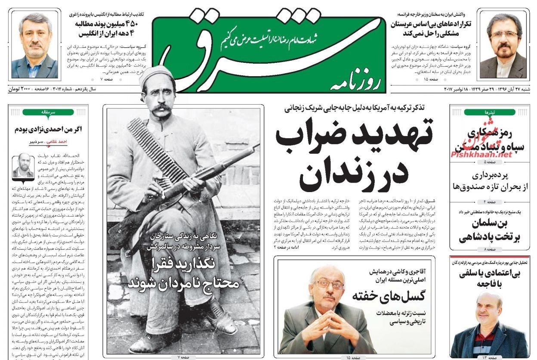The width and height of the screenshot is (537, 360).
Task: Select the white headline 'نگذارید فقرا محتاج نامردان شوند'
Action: click(185, 276)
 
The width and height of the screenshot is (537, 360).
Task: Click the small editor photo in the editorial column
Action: click(23, 166)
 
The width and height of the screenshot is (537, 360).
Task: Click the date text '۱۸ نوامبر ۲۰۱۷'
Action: click(460, 89)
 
